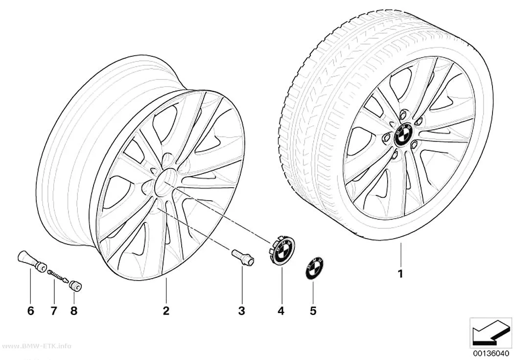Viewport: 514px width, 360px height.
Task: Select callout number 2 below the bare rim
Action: tap(166, 311)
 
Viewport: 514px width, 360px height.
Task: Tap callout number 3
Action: tap(242, 311)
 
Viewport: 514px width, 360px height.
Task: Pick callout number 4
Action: tap(281, 311)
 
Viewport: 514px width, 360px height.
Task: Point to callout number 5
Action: tap(313, 311)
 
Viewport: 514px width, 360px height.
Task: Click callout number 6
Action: tap(30, 311)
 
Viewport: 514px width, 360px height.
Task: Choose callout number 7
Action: tap(54, 311)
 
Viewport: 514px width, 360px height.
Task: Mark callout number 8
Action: tap(74, 311)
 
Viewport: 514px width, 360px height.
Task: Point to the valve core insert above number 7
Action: tap(58, 275)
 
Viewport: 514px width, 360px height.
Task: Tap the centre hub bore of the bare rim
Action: tap(165, 182)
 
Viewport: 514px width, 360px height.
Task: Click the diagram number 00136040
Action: tap(491, 353)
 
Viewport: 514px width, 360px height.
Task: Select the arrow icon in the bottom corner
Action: tap(490, 333)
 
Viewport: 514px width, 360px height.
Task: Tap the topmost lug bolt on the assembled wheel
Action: tap(403, 114)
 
